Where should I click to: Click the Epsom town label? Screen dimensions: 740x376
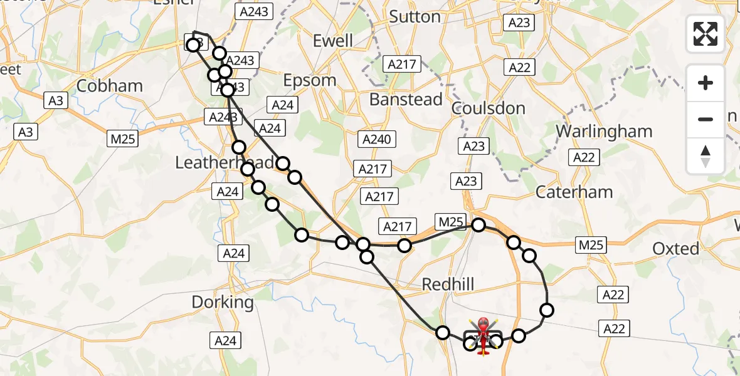310,80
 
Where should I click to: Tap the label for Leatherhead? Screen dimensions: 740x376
225,163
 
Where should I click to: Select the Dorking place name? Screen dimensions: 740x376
223,302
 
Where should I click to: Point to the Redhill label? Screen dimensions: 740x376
448,285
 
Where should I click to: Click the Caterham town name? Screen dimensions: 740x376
574,192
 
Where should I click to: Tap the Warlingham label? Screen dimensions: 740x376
604,132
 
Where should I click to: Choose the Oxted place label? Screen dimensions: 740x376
675,249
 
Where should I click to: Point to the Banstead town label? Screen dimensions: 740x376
406,99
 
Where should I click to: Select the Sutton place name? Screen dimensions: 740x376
415,16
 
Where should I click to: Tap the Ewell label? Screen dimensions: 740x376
332,41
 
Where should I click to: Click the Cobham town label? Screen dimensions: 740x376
109,85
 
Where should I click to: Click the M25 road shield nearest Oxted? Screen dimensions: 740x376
591,245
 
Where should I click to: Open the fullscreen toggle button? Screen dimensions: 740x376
706,34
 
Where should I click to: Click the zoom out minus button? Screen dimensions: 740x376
706,119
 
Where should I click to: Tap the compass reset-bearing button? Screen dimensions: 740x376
706,155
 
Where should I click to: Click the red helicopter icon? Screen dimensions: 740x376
484,334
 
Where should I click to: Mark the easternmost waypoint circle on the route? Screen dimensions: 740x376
547,310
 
